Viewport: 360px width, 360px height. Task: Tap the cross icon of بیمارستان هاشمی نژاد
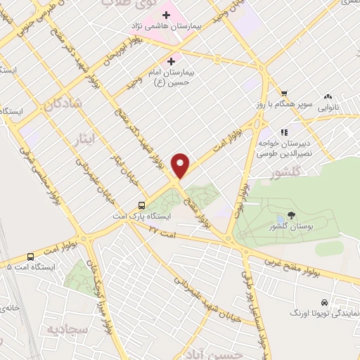coord(167,15)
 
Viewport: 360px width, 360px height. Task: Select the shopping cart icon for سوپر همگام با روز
coord(284,94)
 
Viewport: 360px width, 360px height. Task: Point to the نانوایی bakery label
coord(328,108)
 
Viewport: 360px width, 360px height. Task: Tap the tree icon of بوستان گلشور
coord(292,215)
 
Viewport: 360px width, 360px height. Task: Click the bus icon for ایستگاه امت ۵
coord(30,257)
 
